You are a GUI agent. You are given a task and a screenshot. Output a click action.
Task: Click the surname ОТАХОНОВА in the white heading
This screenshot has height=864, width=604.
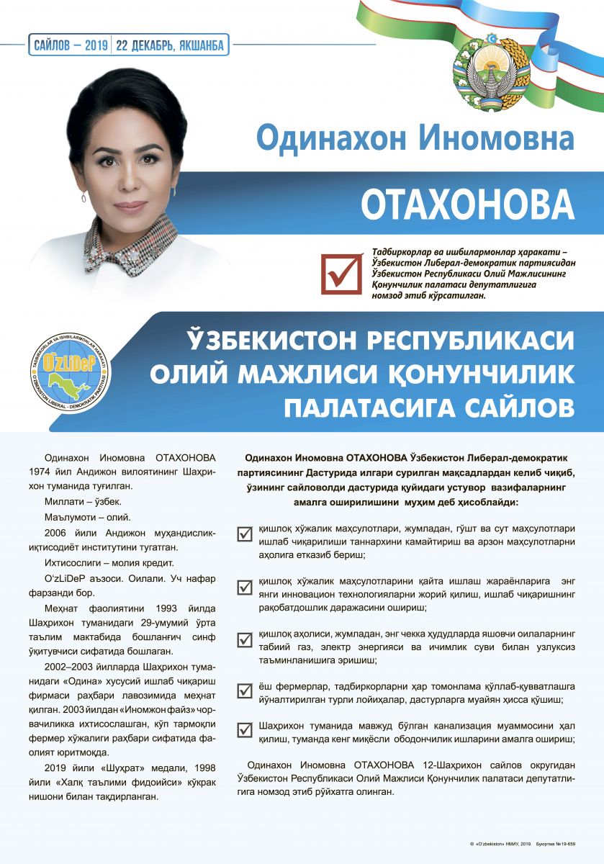(467, 204)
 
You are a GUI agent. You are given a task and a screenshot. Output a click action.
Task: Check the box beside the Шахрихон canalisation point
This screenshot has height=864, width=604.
(245, 730)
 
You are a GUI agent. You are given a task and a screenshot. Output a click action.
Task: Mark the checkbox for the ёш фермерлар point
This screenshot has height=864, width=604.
(245, 690)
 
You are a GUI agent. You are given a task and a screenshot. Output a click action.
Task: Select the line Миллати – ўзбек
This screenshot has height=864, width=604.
(83, 501)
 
